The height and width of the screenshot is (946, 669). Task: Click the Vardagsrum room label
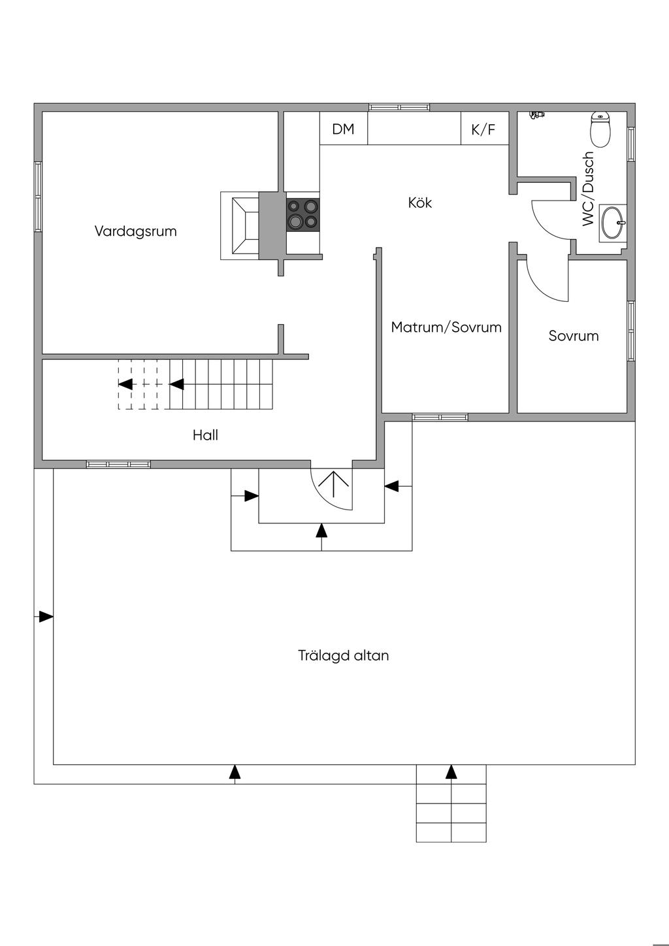pyautogui.click(x=135, y=231)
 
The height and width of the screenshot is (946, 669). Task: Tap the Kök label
pyautogui.click(x=420, y=203)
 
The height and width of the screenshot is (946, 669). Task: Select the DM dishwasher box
pyautogui.click(x=343, y=129)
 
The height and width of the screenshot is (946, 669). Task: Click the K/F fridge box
pyautogui.click(x=483, y=129)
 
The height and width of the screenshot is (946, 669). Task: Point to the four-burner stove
pyautogui.click(x=303, y=214)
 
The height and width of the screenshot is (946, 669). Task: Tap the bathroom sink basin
pyautogui.click(x=613, y=223)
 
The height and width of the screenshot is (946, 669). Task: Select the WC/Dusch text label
pyautogui.click(x=589, y=189)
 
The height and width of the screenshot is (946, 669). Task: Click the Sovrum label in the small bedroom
pyautogui.click(x=574, y=336)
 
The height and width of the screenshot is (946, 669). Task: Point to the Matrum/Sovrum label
pyautogui.click(x=446, y=327)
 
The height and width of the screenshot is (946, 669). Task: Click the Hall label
pyautogui.click(x=205, y=435)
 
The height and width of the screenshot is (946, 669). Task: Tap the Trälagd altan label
pyautogui.click(x=344, y=655)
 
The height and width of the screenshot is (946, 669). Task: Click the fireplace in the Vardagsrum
pyautogui.click(x=240, y=225)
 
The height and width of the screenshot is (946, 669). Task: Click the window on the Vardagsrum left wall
pyautogui.click(x=39, y=197)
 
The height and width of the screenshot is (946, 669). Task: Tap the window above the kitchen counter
pyautogui.click(x=399, y=107)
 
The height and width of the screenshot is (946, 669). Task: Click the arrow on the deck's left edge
pyautogui.click(x=45, y=617)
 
